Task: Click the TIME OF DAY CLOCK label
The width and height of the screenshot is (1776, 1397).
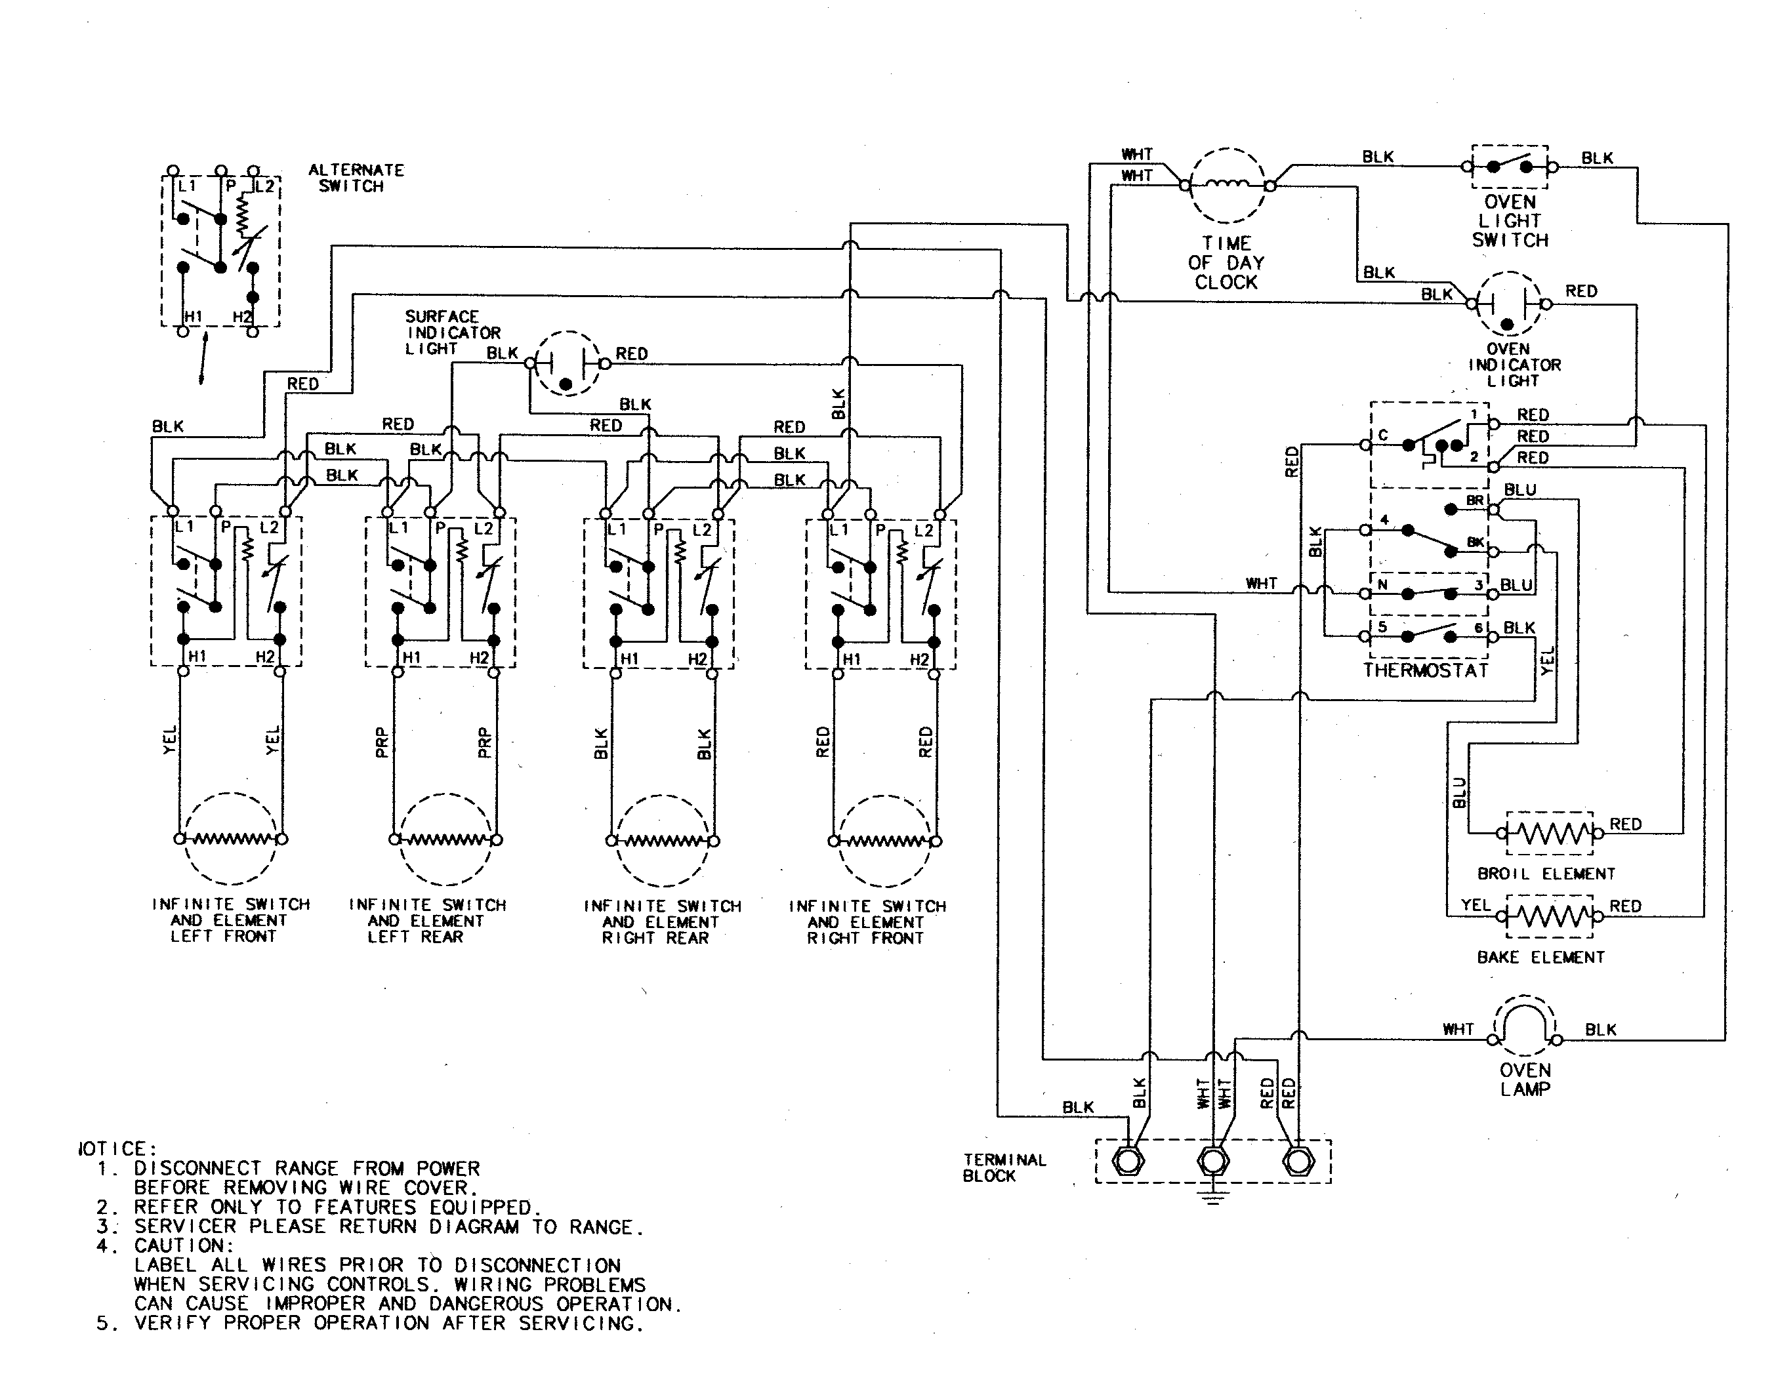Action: (1226, 262)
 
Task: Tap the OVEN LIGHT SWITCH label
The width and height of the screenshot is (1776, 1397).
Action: (1510, 221)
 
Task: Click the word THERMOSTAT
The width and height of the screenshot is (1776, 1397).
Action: (1425, 671)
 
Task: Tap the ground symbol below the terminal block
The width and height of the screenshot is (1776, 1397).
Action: (1212, 1195)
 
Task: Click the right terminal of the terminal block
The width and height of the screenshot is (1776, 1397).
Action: (1298, 1161)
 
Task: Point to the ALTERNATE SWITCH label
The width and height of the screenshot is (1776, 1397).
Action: (355, 178)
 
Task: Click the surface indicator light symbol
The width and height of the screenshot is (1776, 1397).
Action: (566, 364)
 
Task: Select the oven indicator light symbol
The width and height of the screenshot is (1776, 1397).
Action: (1508, 304)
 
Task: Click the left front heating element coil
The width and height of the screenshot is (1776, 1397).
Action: (230, 838)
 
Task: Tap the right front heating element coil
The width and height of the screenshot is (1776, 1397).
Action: (884, 841)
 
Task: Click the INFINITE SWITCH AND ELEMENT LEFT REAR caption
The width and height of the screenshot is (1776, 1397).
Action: (427, 921)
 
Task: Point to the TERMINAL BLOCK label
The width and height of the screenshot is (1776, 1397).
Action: (1003, 1167)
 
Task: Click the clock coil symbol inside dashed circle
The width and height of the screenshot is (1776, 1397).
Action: (1226, 186)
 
